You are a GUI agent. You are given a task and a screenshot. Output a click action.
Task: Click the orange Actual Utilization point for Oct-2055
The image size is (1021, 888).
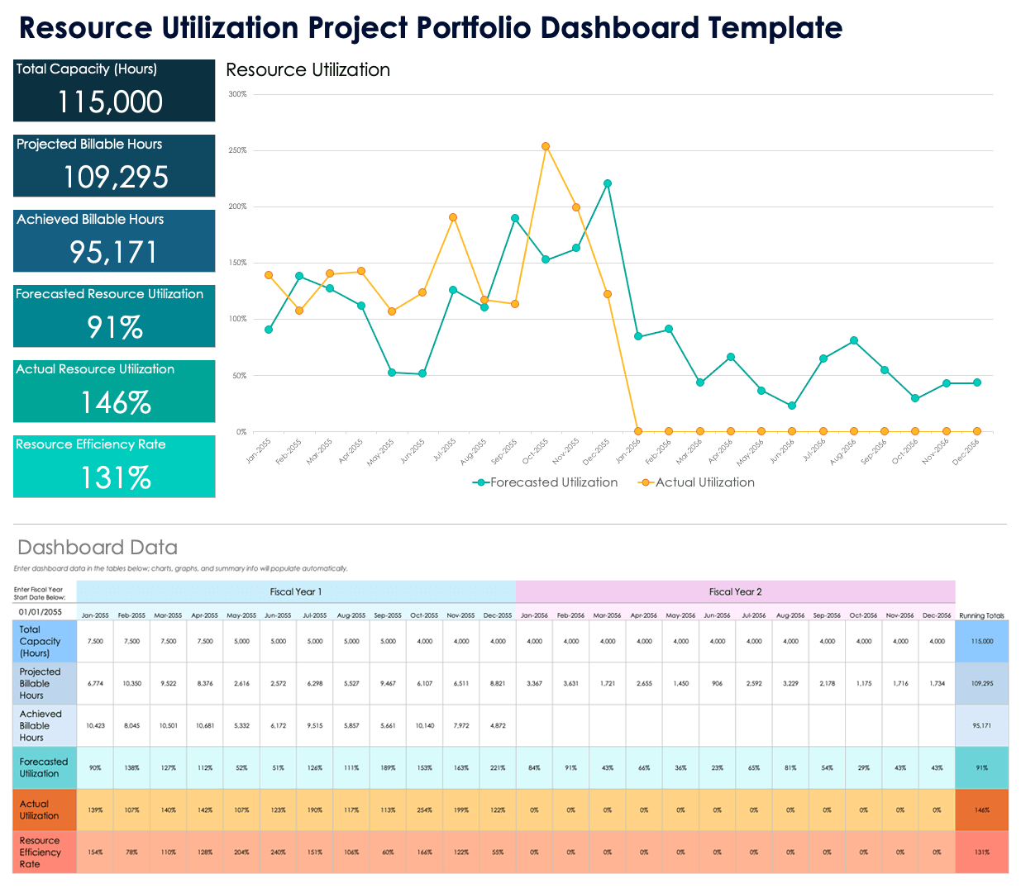tap(546, 146)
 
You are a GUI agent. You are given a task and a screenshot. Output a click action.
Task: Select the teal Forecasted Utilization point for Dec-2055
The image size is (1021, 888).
tap(608, 183)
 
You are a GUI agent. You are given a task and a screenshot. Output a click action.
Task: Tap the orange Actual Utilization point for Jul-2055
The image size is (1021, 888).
tap(453, 217)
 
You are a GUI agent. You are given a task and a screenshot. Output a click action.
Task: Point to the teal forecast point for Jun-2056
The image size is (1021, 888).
tap(792, 406)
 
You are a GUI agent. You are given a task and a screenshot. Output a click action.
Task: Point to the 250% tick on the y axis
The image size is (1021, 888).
tap(237, 150)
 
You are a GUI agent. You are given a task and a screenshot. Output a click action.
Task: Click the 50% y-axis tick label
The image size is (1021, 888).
tap(240, 376)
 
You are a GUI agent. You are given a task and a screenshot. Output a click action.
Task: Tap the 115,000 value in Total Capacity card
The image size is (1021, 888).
tap(110, 102)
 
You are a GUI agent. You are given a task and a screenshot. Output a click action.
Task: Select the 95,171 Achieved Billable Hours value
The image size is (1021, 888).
tap(114, 253)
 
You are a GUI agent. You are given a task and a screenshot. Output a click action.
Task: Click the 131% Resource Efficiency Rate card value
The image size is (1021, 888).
tap(115, 478)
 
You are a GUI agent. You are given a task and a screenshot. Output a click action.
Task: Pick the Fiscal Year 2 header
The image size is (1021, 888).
tap(735, 591)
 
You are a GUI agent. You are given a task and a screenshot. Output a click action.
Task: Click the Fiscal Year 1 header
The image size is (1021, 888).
tap(296, 591)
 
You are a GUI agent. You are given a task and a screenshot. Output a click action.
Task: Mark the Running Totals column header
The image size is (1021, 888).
tap(981, 615)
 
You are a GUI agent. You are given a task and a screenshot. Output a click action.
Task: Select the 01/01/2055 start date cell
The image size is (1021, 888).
tap(41, 612)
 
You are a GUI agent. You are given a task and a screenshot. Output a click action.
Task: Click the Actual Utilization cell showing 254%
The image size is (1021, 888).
tap(424, 810)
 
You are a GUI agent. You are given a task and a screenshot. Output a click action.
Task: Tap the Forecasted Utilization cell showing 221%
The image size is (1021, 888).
tap(498, 767)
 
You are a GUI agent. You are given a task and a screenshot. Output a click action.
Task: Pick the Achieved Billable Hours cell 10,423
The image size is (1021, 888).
tap(95, 725)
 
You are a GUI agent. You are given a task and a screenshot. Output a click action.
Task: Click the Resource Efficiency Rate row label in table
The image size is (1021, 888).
tap(41, 852)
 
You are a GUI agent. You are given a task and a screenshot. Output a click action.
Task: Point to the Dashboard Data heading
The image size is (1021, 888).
tap(98, 548)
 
